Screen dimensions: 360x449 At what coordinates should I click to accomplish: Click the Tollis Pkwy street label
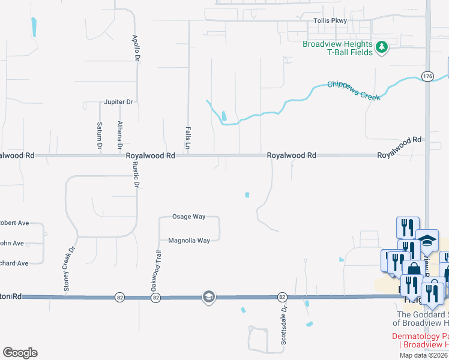tap(330, 20)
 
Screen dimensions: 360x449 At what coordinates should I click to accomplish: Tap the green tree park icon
tap(381, 47)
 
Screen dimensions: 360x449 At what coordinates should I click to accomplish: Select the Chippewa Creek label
tap(354, 90)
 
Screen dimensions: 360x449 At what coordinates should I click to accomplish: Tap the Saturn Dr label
tap(100, 136)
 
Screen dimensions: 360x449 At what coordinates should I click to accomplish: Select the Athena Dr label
tap(120, 136)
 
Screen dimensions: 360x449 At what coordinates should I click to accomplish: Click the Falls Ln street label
tap(187, 138)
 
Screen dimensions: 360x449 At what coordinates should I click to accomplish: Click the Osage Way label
tap(189, 217)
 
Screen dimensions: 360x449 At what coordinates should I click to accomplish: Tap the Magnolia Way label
tap(189, 241)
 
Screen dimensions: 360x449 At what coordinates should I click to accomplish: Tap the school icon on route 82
tap(208, 297)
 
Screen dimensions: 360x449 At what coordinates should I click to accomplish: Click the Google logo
tap(20, 353)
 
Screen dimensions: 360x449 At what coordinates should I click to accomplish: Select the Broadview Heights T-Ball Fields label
tap(339, 48)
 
